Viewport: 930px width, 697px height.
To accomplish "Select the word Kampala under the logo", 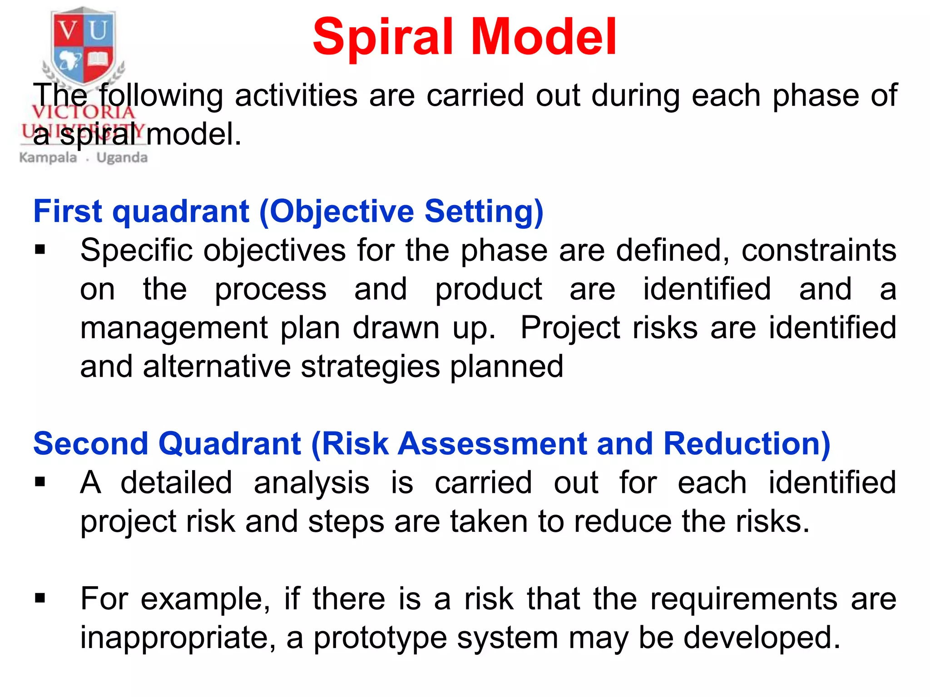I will coord(48,158).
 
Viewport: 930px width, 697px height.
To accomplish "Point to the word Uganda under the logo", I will coord(122,158).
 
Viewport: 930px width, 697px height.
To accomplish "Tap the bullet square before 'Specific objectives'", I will coord(40,250).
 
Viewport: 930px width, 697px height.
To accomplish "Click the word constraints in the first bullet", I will coord(819,250).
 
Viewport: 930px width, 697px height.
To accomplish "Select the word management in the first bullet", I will coord(174,329).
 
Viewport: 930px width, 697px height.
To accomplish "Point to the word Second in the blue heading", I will coord(91,444).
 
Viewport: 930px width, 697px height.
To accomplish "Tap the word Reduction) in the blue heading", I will coord(747,444).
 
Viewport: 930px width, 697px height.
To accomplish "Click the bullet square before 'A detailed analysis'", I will coord(40,482).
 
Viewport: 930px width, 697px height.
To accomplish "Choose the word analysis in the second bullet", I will coord(312,483).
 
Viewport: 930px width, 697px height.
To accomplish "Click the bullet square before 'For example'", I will coord(40,598).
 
